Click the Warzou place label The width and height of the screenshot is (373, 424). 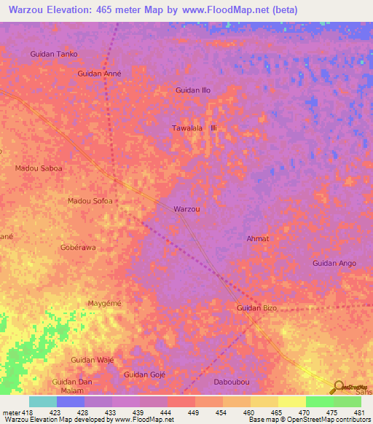tap(186, 209)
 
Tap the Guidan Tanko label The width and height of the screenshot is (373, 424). tap(53, 54)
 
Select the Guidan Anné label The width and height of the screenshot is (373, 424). tap(99, 74)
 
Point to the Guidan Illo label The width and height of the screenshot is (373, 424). tap(193, 90)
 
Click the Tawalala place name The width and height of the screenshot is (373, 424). tap(186, 128)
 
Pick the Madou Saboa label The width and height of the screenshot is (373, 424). tap(39, 168)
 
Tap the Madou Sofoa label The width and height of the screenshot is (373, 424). tap(90, 201)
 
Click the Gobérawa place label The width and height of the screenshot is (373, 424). tap(78, 248)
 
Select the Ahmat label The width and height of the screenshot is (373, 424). tap(258, 239)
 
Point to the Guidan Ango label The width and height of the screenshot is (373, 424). tap(334, 263)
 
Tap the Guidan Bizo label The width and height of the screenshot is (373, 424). tap(256, 309)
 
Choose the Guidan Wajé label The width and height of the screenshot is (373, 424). tap(93, 360)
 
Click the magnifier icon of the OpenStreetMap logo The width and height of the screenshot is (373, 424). tap(339, 388)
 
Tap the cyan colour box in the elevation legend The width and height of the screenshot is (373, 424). tap(43, 401)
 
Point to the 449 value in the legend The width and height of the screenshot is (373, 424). tap(194, 413)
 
